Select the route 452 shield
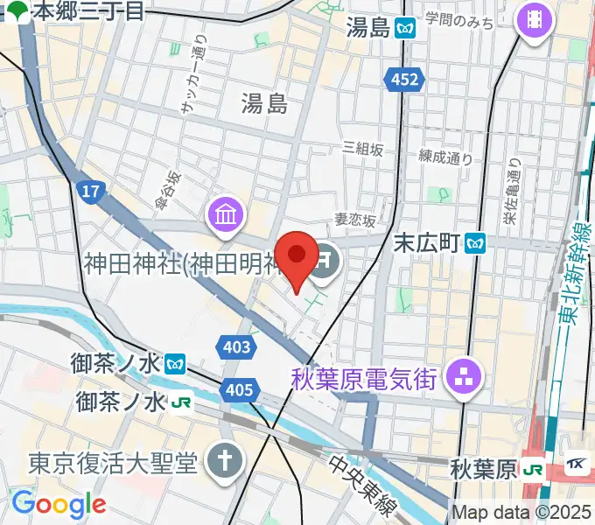(x=403, y=80)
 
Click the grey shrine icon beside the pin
(x=325, y=260)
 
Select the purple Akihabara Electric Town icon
(x=458, y=378)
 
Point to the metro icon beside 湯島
(x=404, y=28)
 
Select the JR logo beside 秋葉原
(x=531, y=470)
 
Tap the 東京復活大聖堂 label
(x=113, y=463)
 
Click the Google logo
(x=59, y=504)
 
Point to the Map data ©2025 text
(x=521, y=512)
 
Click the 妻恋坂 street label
(x=354, y=222)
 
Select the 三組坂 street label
(x=362, y=150)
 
